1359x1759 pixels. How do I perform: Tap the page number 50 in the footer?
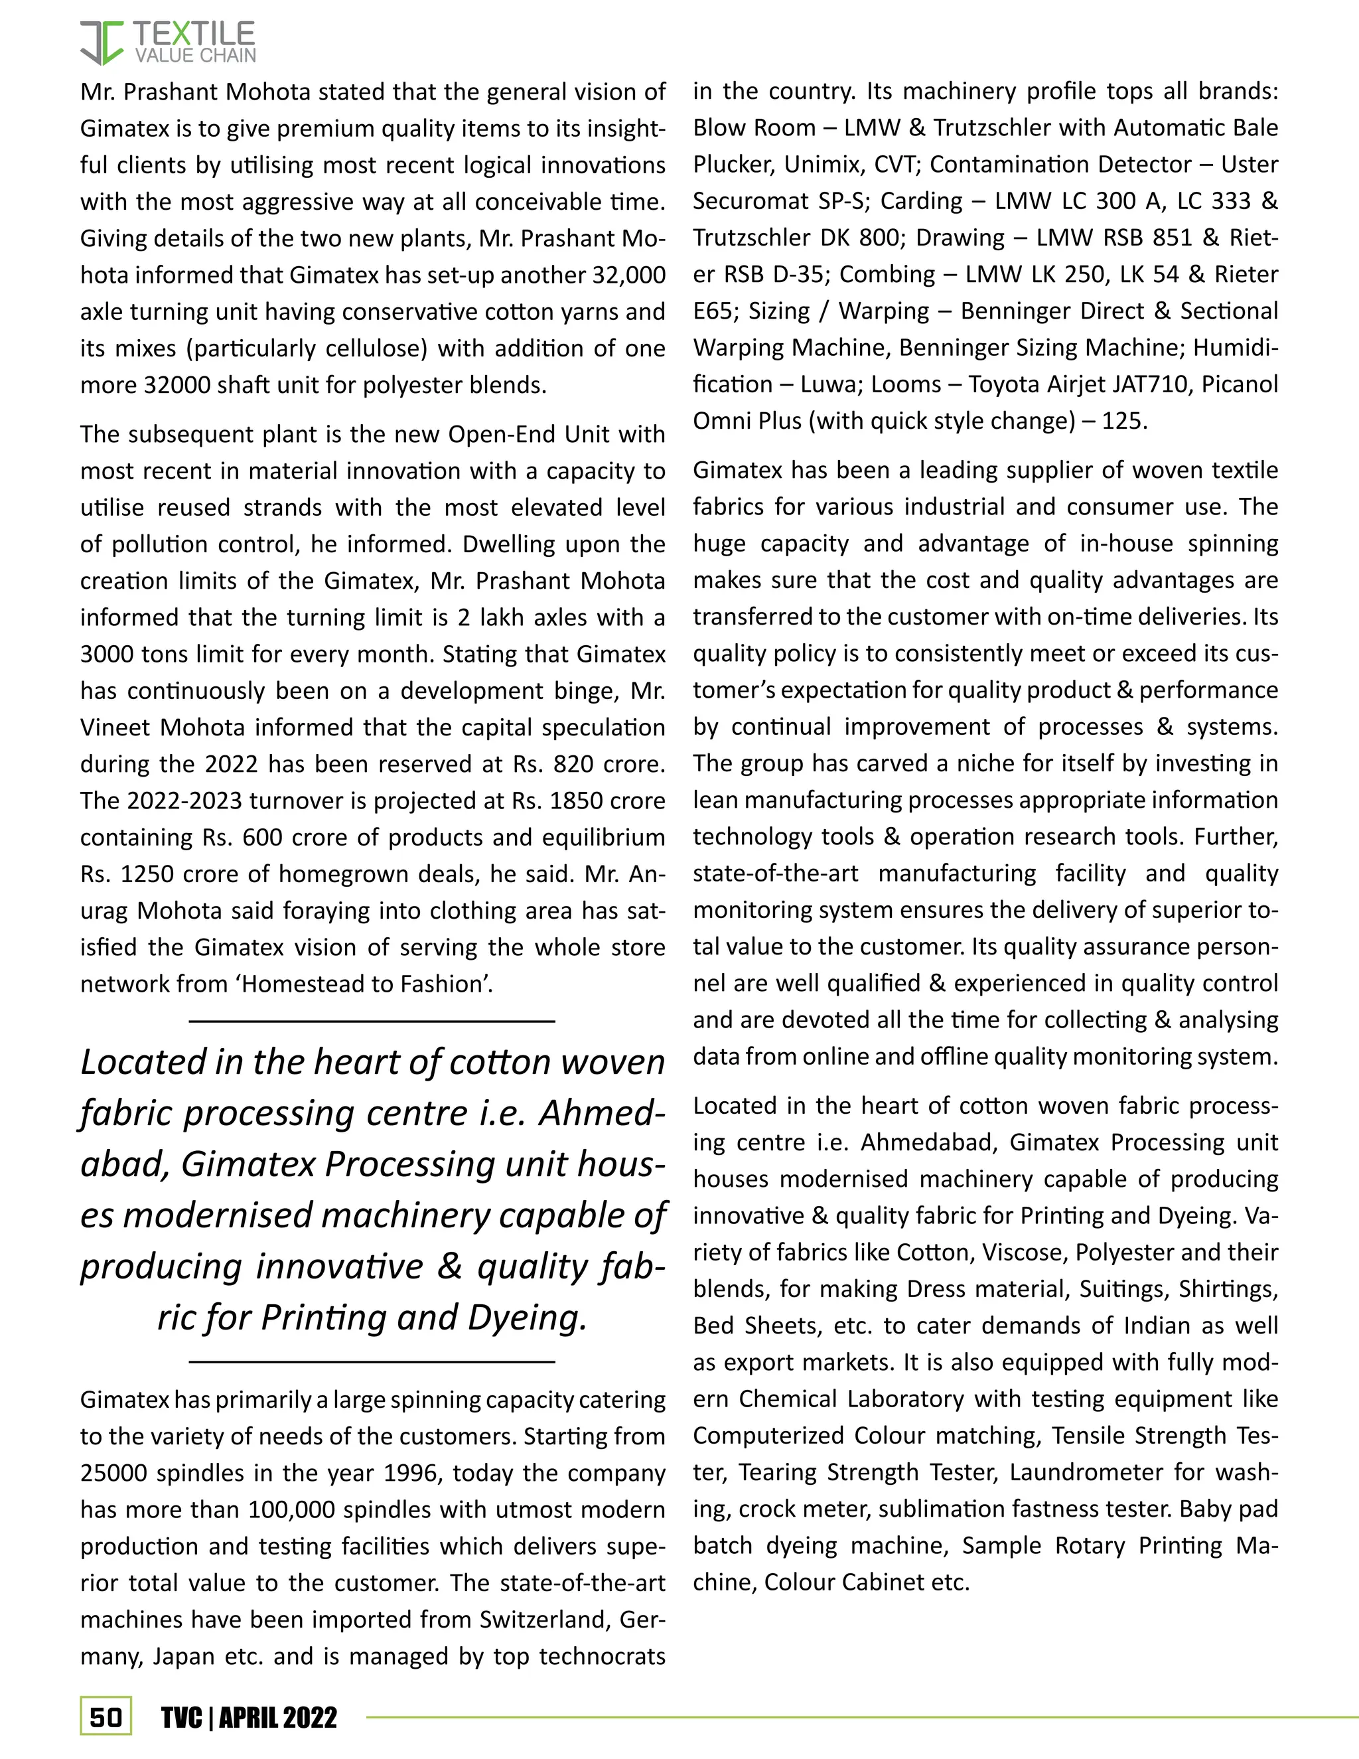click(x=106, y=1717)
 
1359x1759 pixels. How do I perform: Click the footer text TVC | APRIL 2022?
click(x=249, y=1717)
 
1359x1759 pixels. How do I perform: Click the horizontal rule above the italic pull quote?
click(x=372, y=1022)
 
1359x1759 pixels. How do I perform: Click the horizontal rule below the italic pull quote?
click(x=372, y=1362)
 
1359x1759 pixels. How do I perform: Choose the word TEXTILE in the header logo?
click(x=193, y=34)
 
